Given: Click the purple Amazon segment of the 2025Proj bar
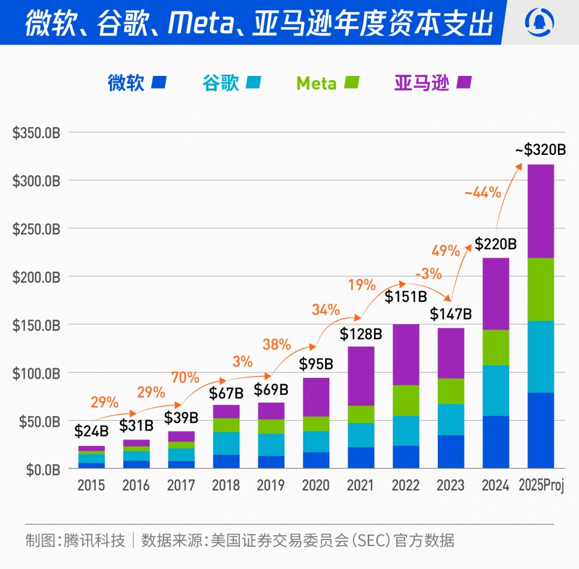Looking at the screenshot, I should (541, 211).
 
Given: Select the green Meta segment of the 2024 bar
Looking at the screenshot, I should (496, 348).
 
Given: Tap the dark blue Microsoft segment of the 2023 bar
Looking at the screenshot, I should (451, 451).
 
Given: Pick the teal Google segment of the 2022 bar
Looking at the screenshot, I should (406, 430).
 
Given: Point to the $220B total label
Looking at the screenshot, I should (496, 245).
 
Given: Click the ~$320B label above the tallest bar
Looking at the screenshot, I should (540, 150).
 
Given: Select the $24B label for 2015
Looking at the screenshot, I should (92, 432).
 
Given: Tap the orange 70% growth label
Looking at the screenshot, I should (185, 378).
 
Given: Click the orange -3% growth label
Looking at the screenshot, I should (428, 273).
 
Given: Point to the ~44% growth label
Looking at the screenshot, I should (482, 193).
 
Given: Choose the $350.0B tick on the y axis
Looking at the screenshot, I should (36, 133).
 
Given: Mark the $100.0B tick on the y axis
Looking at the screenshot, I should (36, 373).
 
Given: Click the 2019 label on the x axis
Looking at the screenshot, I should (271, 485).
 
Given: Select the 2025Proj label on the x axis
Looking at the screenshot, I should (541, 485).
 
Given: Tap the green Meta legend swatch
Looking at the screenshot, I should (352, 83).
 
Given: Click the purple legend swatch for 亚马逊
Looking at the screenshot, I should (464, 83).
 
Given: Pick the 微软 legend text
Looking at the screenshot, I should (126, 83).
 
